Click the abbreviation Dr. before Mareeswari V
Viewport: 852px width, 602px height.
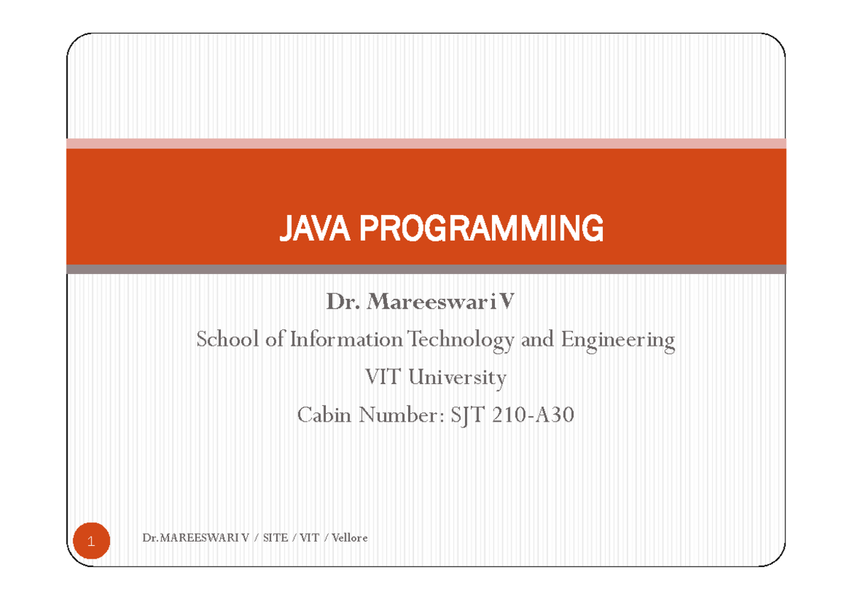point(344,303)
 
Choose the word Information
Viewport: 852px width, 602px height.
point(346,340)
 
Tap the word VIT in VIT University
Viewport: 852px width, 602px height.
point(383,377)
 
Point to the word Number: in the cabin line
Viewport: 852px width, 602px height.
point(401,414)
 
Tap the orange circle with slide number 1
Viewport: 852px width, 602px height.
point(91,542)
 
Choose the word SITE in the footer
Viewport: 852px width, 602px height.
point(275,538)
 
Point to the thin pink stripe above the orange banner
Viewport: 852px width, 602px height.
point(426,143)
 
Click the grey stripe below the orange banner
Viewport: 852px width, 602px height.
point(426,269)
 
